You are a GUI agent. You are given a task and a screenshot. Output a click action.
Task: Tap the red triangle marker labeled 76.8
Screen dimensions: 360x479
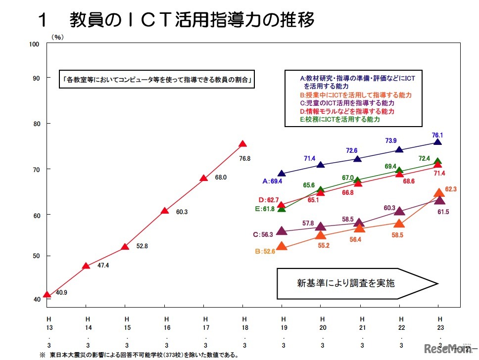(242, 144)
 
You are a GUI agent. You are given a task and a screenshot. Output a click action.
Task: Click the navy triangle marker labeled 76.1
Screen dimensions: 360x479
(437, 142)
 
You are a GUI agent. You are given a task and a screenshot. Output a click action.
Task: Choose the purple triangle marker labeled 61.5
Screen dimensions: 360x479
(439, 200)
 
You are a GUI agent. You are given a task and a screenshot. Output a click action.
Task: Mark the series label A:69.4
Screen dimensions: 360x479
(272, 182)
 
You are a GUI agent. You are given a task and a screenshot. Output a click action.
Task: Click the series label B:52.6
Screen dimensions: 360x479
(265, 251)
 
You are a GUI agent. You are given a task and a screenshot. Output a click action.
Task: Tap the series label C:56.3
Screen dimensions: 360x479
(263, 234)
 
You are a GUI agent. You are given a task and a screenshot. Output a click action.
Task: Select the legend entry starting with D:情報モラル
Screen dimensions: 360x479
(347, 111)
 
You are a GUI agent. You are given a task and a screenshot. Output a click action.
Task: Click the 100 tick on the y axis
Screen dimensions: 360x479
(34, 45)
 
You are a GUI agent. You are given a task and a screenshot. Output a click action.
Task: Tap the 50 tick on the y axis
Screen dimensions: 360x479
(36, 256)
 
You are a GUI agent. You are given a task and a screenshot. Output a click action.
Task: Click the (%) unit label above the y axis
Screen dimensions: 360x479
(58, 37)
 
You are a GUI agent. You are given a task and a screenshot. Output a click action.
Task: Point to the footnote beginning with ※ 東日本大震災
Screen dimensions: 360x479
(139, 355)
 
